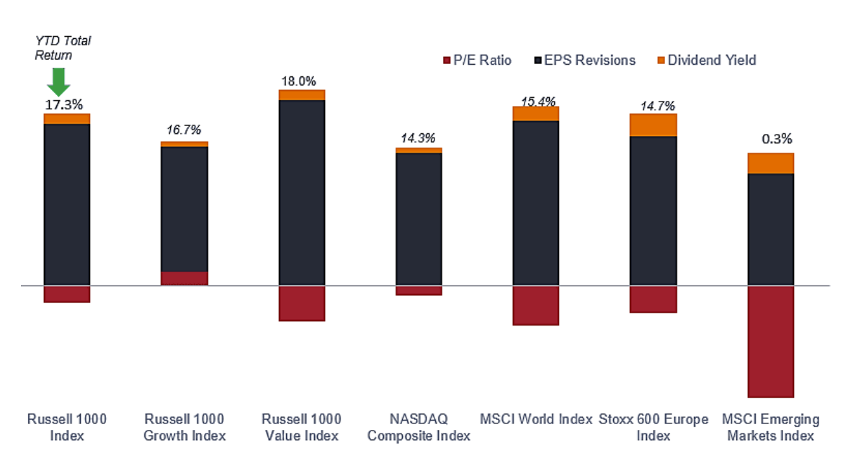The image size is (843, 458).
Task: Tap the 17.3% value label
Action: (x=63, y=104)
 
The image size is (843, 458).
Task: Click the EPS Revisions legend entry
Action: (x=584, y=60)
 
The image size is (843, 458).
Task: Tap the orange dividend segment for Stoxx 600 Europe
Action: (x=653, y=125)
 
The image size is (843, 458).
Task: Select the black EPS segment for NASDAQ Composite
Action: (x=419, y=219)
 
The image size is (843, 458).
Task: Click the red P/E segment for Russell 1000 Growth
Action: (x=184, y=278)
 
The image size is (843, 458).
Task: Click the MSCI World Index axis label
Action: (x=535, y=419)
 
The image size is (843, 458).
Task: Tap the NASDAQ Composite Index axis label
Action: (x=419, y=427)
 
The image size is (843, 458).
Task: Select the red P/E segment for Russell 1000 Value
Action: (x=301, y=302)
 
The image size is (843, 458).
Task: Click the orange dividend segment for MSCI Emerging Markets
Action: (x=770, y=163)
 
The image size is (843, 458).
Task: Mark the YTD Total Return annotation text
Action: (x=63, y=48)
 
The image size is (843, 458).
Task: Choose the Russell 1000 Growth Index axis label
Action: (x=184, y=427)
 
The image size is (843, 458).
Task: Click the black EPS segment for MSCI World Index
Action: (x=535, y=203)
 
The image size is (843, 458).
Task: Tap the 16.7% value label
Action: (x=183, y=130)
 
